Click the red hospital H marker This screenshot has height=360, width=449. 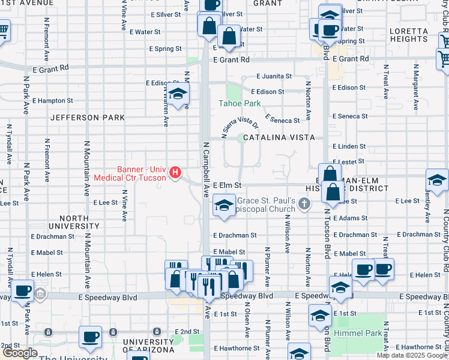(x=175, y=173)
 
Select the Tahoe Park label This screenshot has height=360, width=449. (x=243, y=104)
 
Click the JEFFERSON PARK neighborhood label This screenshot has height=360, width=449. (x=88, y=118)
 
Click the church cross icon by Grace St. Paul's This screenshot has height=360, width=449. (x=305, y=205)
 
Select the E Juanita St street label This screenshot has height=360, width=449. (x=274, y=76)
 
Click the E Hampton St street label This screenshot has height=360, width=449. (x=53, y=101)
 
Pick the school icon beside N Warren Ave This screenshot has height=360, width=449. (x=178, y=94)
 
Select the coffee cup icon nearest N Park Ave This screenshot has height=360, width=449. (x=23, y=291)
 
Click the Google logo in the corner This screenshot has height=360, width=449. (x=20, y=353)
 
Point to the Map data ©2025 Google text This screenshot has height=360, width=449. (x=412, y=355)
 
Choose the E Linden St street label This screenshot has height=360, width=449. (x=349, y=146)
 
